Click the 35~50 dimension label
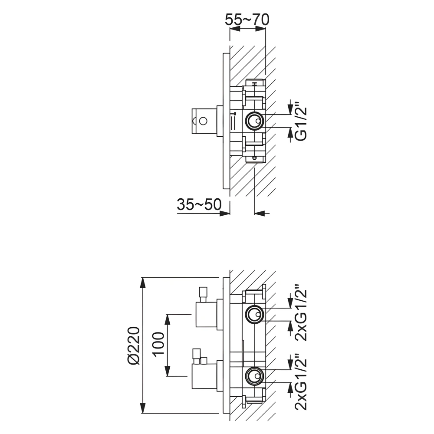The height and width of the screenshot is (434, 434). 199,204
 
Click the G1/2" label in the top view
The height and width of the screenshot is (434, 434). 300,121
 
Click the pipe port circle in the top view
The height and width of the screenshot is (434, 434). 254,120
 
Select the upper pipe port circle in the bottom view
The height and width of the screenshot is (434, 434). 254,314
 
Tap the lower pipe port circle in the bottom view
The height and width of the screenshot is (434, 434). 254,375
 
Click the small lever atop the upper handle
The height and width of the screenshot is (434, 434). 203,293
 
